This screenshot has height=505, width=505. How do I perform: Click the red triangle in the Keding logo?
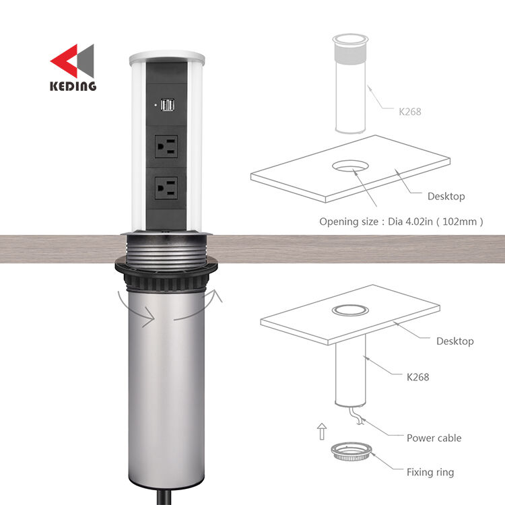tap(66, 61)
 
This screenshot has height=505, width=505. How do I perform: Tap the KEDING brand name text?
tap(73, 86)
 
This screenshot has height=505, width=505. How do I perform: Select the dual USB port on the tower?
tap(168, 104)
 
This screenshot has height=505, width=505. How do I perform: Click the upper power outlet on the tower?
tap(166, 147)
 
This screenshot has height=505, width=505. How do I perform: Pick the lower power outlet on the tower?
tap(166, 188)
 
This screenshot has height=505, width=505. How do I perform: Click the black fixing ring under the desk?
tap(166, 274)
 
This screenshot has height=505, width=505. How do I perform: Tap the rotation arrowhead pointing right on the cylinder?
tap(149, 317)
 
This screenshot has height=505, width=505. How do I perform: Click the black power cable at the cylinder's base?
tap(164, 498)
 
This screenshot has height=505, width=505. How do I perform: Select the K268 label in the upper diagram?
tap(410, 112)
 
